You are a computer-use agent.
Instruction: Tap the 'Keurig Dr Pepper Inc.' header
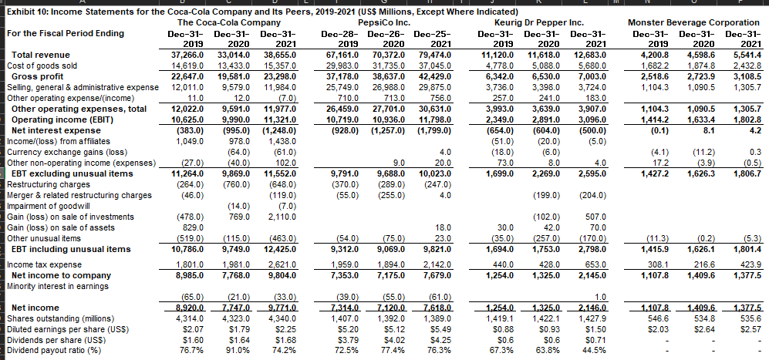(x=541, y=22)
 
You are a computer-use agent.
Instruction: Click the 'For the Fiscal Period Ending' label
(x=65, y=33)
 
